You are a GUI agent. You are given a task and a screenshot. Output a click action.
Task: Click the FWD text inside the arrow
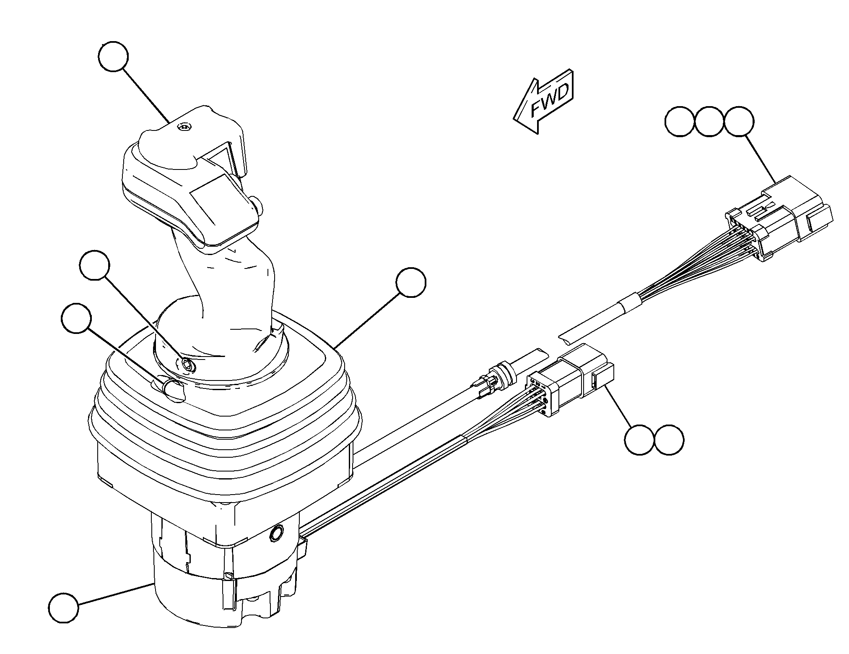(x=550, y=101)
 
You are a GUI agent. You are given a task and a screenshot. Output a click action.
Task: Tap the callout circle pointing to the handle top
(x=113, y=57)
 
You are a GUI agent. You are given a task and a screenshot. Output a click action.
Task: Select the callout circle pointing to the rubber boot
(x=411, y=283)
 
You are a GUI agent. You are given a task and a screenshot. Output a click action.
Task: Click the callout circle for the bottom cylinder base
(x=63, y=607)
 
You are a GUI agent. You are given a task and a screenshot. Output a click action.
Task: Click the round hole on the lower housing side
(x=277, y=533)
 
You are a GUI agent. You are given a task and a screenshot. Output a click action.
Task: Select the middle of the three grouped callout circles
(x=709, y=121)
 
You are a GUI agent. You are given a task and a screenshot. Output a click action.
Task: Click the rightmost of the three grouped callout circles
(x=739, y=121)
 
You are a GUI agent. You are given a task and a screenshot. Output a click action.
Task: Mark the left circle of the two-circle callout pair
(x=639, y=440)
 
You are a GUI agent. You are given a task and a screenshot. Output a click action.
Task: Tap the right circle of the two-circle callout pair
(x=669, y=440)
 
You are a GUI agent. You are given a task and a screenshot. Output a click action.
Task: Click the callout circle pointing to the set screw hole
(x=94, y=265)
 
